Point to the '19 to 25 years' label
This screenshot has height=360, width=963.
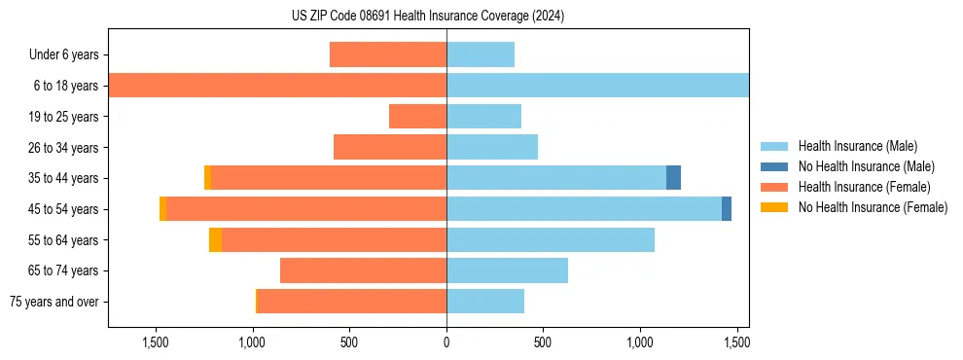[63, 117]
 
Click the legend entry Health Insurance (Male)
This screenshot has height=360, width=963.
[857, 146]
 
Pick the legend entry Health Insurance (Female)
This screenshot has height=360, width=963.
[865, 187]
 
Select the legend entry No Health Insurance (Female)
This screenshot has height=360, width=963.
[873, 207]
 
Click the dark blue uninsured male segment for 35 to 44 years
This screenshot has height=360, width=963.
[673, 178]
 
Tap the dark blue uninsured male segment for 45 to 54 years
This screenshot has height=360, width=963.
[727, 209]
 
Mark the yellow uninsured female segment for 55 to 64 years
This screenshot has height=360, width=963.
[215, 240]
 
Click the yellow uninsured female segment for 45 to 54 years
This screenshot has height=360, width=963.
[162, 209]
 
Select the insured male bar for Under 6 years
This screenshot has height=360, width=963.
[481, 54]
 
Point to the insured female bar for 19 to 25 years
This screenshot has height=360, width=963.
[417, 117]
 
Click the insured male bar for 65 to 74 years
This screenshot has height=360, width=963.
[507, 270]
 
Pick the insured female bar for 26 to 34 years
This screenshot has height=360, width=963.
[390, 147]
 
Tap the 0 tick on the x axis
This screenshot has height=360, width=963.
[446, 342]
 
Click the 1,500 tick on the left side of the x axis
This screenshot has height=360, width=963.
[157, 342]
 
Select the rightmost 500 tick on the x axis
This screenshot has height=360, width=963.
[543, 342]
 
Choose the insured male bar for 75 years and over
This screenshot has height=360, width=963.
[485, 302]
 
